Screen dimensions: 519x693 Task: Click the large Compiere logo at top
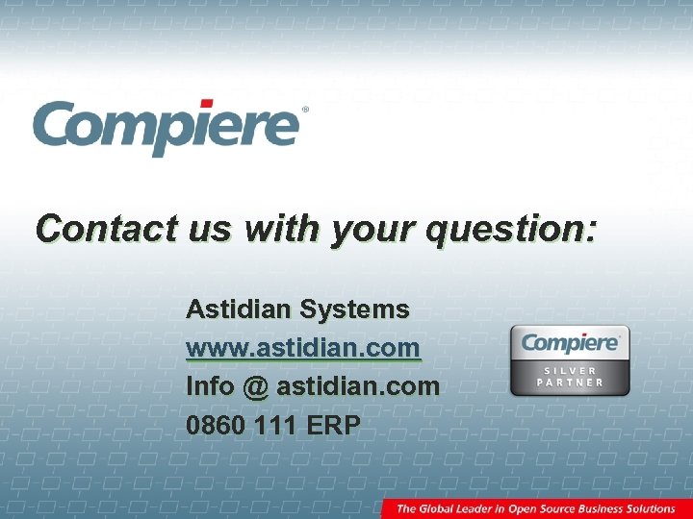166,127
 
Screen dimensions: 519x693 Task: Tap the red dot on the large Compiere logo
206,104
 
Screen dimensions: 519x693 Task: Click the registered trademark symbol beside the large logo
305,111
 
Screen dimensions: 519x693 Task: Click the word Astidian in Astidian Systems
239,309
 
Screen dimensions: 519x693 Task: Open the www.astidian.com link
303,348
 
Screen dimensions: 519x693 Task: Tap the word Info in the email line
210,386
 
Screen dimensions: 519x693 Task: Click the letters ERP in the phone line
333,425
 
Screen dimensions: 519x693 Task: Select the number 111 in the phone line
278,425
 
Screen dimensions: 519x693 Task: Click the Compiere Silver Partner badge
570,360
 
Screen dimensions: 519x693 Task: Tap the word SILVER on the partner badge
570,370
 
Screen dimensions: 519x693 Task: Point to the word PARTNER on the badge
570,383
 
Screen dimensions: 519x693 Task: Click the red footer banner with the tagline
536,508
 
